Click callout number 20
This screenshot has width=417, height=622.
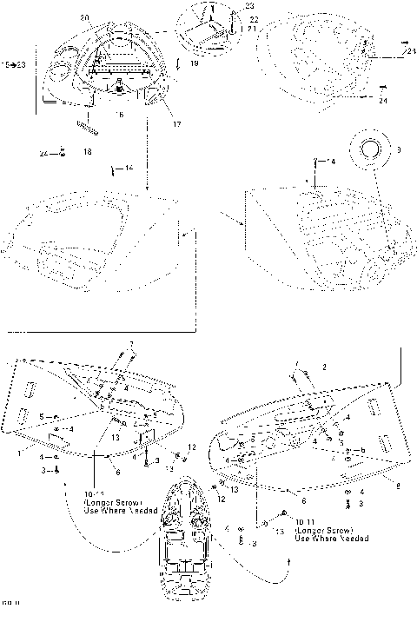pyautogui.click(x=84, y=18)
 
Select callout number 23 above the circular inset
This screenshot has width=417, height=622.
pyautogui.click(x=228, y=7)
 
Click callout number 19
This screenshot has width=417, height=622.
pyautogui.click(x=194, y=64)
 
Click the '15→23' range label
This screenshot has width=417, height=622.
pyautogui.click(x=17, y=65)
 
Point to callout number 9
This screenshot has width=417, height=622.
pyautogui.click(x=398, y=149)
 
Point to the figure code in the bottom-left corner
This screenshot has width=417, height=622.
pyautogui.click(x=10, y=601)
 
